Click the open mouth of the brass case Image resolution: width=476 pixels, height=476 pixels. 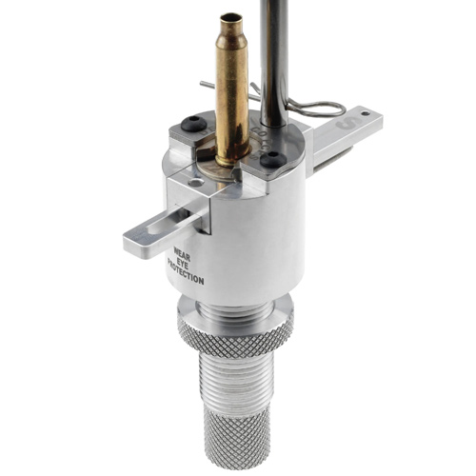[230, 17]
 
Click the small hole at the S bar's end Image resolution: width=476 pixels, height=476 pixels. [367, 113]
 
